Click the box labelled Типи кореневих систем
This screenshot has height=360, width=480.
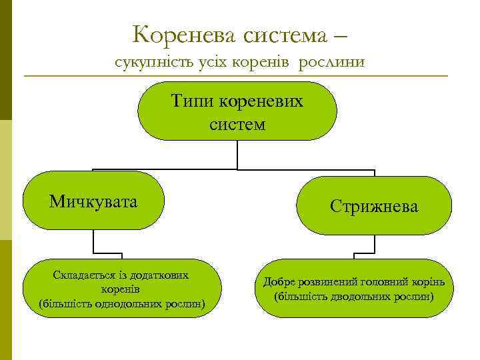[x=237, y=111]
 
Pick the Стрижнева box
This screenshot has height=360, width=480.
[x=374, y=206]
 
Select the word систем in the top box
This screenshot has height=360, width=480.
[x=237, y=124]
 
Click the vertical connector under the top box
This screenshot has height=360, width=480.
[x=237, y=154]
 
